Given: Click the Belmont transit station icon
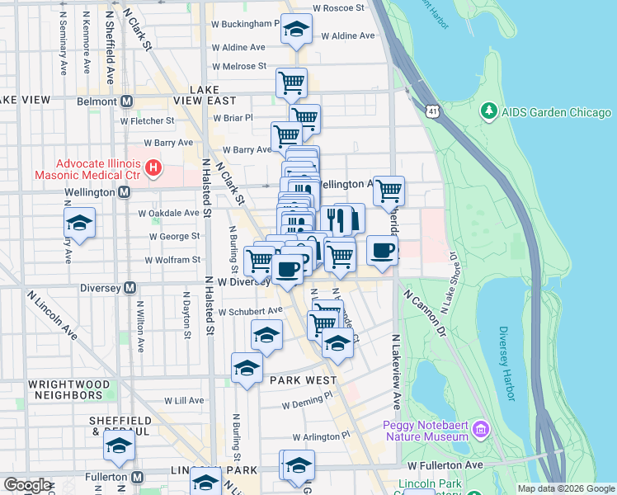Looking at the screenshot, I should (x=127, y=101).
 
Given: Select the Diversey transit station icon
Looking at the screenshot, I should (x=129, y=288).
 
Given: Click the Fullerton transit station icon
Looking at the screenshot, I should (x=138, y=477).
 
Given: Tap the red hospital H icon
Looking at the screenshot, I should (x=153, y=168).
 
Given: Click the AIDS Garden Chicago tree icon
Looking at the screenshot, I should (x=488, y=111).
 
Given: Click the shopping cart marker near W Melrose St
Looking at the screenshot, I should (x=291, y=82).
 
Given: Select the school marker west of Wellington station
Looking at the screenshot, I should (x=79, y=223).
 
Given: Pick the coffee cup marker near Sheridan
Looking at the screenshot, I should (x=381, y=250).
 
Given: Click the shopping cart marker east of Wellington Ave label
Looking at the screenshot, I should (x=389, y=191).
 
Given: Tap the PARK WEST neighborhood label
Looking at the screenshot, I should (x=304, y=380).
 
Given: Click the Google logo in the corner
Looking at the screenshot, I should (x=26, y=485).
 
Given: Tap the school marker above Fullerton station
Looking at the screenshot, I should (x=119, y=446).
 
